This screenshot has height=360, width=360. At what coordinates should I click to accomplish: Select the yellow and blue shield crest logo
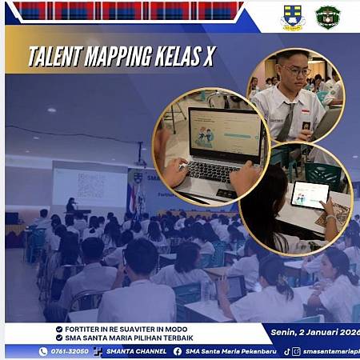[293, 17]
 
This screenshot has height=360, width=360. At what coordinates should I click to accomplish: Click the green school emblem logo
[328, 17]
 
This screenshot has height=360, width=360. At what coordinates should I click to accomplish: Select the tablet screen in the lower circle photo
[309, 194]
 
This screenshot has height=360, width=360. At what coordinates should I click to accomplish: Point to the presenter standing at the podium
[70, 206]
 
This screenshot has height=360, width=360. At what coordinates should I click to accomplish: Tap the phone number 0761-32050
[70, 350]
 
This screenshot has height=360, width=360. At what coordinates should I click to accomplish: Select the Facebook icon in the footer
[177, 350]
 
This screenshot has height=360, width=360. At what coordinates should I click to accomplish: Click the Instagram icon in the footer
[297, 350]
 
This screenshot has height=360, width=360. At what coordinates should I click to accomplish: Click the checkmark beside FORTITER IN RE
[59, 328]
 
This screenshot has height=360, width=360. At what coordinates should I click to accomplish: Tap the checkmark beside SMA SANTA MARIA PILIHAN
[59, 338]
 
